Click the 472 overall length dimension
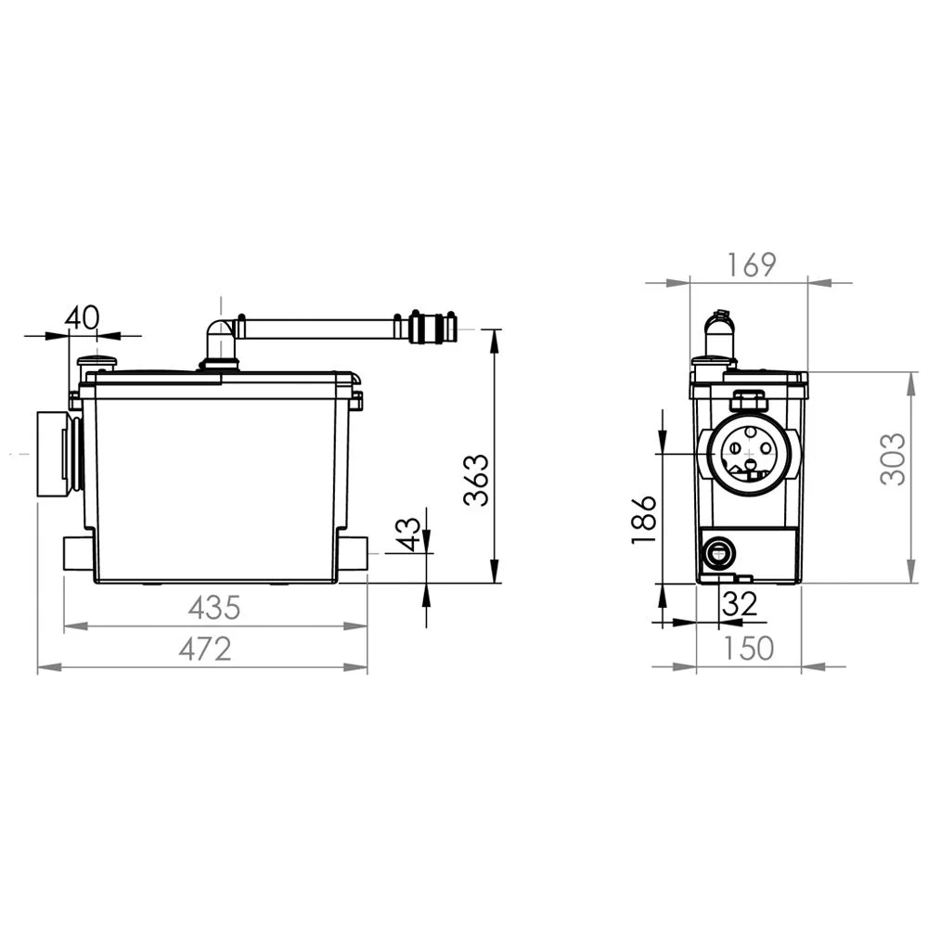click(205, 650)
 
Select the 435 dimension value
click(214, 608)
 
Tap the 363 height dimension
click(476, 480)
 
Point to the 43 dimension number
click(408, 535)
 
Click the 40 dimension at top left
click(82, 318)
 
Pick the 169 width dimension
click(751, 265)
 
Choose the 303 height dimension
click(893, 459)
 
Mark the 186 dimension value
click(644, 520)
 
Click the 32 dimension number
click(740, 604)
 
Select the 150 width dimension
click(749, 648)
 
